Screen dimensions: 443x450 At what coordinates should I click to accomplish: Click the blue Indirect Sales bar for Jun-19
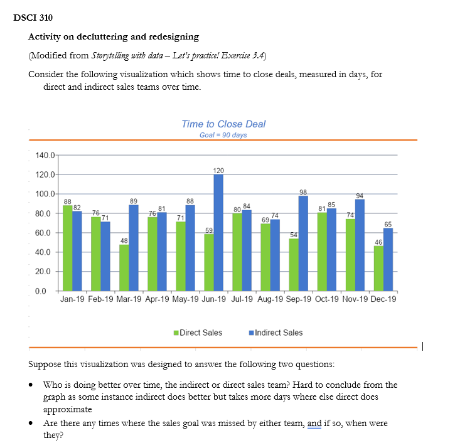point(218,232)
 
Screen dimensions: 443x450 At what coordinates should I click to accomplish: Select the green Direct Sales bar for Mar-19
point(124,267)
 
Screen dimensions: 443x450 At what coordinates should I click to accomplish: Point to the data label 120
point(218,170)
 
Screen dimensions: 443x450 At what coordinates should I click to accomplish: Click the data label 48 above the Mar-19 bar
point(124,240)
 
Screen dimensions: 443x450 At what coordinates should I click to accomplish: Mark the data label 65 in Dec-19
point(388,224)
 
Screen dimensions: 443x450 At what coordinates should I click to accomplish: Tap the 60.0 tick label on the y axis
point(45,233)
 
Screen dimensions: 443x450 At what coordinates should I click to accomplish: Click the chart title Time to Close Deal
point(223,124)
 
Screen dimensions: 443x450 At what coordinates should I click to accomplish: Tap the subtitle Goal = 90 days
point(223,135)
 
